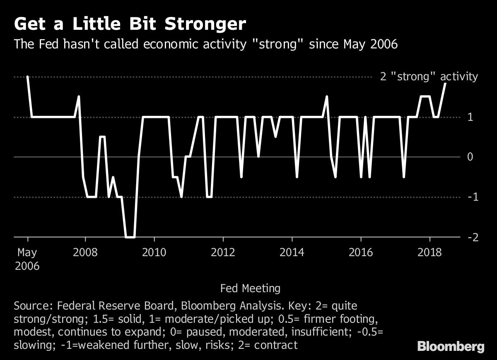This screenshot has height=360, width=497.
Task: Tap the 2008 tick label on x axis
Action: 85,252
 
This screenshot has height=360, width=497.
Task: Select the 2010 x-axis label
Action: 154,252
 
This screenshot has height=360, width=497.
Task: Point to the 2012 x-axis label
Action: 223,252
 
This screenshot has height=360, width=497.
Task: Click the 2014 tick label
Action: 292,252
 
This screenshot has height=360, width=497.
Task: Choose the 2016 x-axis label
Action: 361,252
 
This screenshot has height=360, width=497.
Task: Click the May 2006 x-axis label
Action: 27,259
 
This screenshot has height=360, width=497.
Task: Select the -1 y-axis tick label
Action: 470,197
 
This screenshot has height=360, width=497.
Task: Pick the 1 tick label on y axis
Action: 469,118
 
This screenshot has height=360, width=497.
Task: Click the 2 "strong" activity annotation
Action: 429,77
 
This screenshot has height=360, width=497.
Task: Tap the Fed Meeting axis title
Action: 250,288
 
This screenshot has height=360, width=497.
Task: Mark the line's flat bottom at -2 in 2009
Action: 130,237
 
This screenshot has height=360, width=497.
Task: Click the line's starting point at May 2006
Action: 27,77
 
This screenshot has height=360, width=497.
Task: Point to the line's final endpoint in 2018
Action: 446,83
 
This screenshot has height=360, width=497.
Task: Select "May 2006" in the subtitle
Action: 371,44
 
